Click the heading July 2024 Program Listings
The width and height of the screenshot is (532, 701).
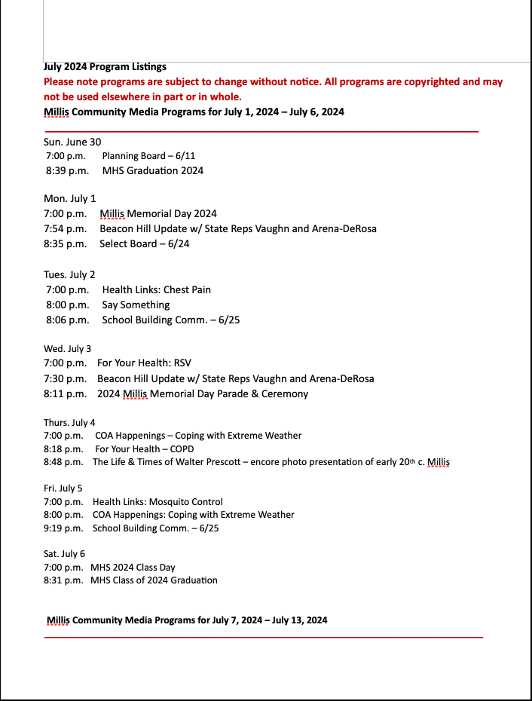click(x=105, y=67)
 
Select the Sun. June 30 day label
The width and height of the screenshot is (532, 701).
click(x=72, y=142)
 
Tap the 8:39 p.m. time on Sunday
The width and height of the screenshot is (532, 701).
click(x=67, y=170)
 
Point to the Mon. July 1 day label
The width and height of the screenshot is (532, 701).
click(x=70, y=199)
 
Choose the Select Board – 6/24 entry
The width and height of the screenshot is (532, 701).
click(x=145, y=243)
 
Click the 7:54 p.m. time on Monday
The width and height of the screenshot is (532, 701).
click(x=65, y=228)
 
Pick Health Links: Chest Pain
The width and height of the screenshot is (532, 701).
click(x=157, y=289)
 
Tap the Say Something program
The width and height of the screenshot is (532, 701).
click(x=136, y=305)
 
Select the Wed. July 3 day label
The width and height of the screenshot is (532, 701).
click(x=68, y=349)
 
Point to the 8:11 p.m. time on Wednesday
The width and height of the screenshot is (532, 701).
click(x=65, y=393)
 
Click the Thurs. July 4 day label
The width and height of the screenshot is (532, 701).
click(x=69, y=423)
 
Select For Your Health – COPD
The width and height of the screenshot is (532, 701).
click(x=145, y=448)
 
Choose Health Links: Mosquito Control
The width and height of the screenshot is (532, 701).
click(x=157, y=501)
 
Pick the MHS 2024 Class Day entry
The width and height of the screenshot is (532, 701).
click(x=133, y=567)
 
